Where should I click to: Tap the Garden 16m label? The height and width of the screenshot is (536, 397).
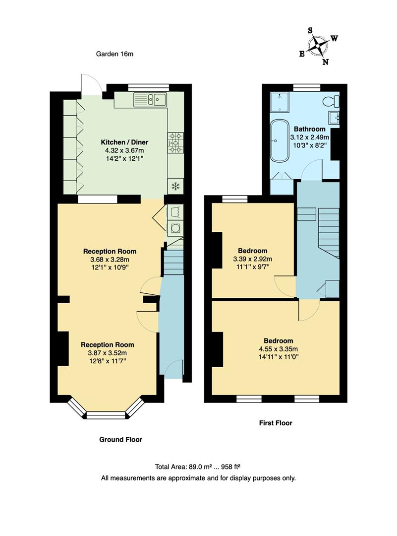click(114, 54)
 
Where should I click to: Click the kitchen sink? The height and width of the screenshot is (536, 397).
click(151, 100)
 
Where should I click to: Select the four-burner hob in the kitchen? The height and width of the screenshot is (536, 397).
click(176, 142)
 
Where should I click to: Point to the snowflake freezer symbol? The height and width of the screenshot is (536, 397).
click(174, 186)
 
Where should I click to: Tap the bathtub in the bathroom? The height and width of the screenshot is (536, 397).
click(280, 139)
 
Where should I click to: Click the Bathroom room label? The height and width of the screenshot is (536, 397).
click(310, 129)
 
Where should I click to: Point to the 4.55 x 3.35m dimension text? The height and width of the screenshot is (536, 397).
click(278, 348)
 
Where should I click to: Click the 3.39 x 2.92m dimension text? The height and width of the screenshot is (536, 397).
click(253, 259)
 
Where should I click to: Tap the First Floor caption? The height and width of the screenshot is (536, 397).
click(276, 423)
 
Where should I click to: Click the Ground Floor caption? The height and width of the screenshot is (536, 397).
click(120, 439)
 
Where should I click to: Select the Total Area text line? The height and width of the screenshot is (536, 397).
click(198, 467)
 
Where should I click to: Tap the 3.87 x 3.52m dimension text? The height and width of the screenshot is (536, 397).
click(108, 353)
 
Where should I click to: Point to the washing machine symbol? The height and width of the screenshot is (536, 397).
click(175, 228)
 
